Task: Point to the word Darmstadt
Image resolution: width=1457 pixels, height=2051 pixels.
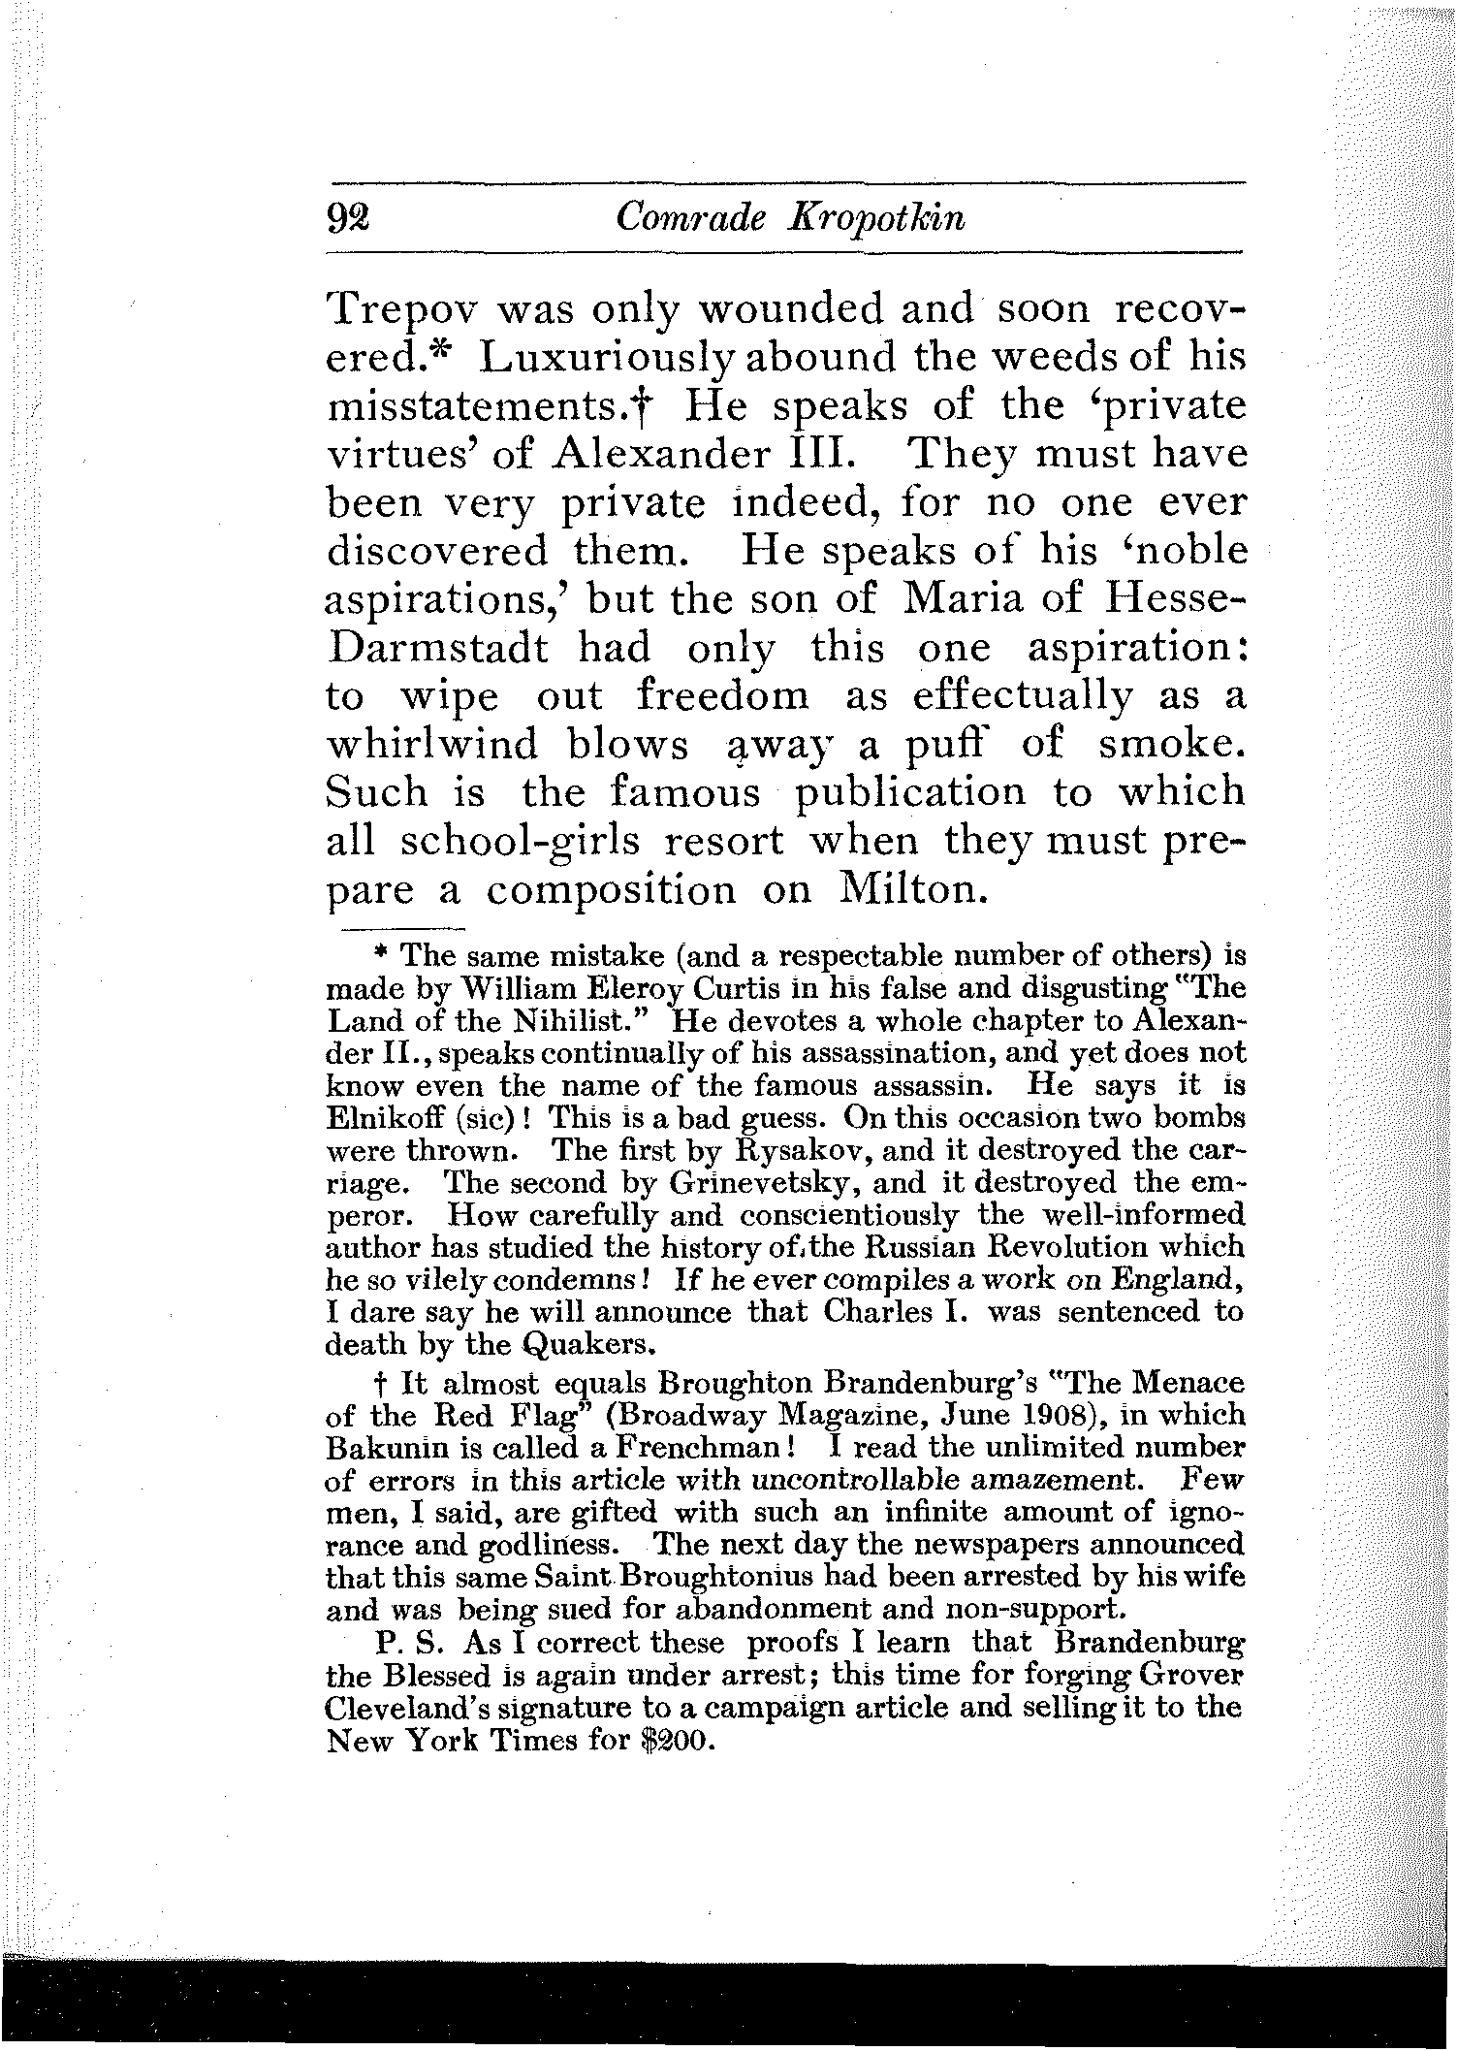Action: tap(438, 648)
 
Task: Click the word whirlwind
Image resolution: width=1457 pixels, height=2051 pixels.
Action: tap(432, 745)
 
